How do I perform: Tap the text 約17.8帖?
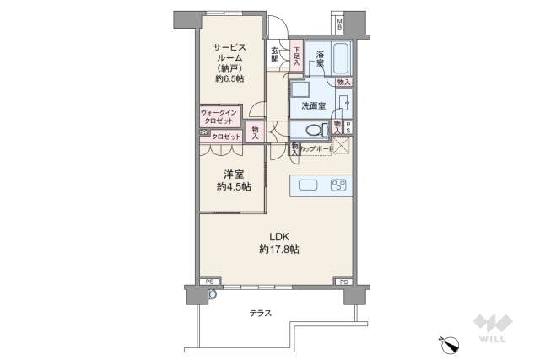(277, 250)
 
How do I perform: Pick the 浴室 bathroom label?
(321, 58)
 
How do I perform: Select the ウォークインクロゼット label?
(220, 116)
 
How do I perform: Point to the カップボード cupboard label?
(315, 148)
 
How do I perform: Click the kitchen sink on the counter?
(306, 185)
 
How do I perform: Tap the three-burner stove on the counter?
(339, 185)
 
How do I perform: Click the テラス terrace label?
(261, 313)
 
